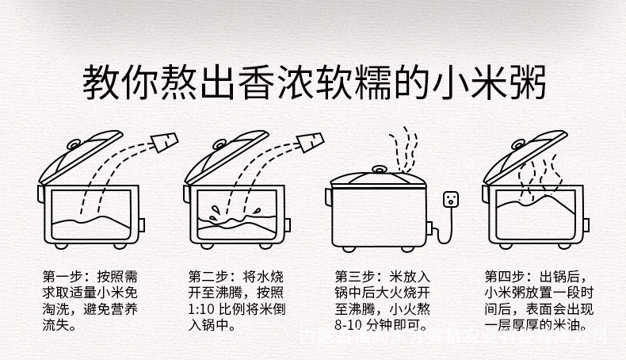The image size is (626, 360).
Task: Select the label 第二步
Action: point(206,278)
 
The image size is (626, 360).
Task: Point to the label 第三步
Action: point(354,278)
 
